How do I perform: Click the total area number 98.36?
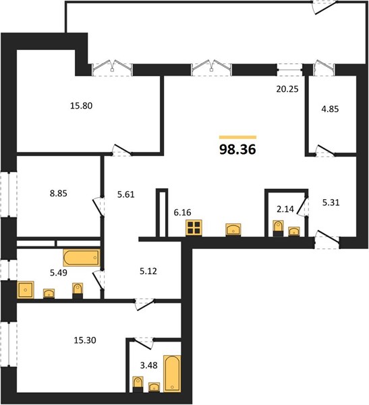tap(237, 149)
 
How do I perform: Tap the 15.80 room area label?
tap(82, 106)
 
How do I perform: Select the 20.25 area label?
tap(287, 89)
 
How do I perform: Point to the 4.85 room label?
tap(330, 109)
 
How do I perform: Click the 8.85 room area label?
tap(59, 193)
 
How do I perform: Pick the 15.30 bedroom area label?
tap(85, 340)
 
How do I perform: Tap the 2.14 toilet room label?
tap(285, 209)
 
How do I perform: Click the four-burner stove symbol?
tap(194, 228)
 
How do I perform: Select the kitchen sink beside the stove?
tap(233, 230)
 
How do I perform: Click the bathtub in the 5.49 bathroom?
tap(82, 258)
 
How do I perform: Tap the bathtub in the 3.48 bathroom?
tap(172, 373)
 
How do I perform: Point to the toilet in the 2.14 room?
tap(278, 228)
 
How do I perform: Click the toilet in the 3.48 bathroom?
tap(138, 384)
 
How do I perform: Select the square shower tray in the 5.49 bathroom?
tap(26, 290)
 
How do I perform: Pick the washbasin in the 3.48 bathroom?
tap(154, 387)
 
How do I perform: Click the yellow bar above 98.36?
tap(237, 137)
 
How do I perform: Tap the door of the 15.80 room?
tap(122, 150)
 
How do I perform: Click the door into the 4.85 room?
tap(325, 151)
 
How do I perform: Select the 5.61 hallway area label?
tap(125, 194)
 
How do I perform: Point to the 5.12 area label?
tap(148, 271)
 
